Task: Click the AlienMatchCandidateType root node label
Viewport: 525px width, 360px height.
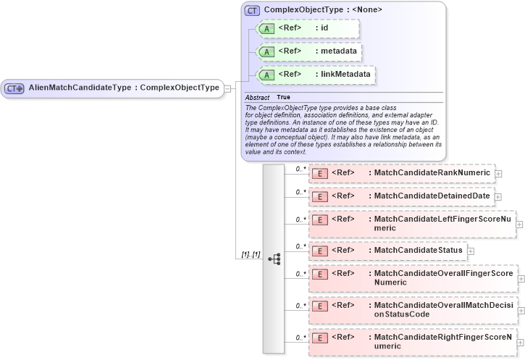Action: pyautogui.click(x=123, y=88)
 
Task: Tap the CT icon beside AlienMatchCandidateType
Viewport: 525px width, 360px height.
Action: pyautogui.click(x=14, y=88)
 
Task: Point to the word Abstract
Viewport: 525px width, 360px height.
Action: pyautogui.click(x=257, y=97)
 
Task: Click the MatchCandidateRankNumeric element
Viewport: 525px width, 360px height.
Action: pyautogui.click(x=401, y=173)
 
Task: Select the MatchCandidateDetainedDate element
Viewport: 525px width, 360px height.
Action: pyautogui.click(x=401, y=196)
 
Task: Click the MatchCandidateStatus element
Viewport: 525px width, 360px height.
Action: pyautogui.click(x=387, y=251)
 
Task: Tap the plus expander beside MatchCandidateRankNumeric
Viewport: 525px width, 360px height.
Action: pyautogui.click(x=499, y=174)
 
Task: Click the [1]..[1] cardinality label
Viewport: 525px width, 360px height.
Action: pyautogui.click(x=251, y=255)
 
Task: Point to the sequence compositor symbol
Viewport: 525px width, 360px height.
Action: pyautogui.click(x=274, y=259)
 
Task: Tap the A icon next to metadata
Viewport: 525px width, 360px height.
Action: pyautogui.click(x=266, y=51)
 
